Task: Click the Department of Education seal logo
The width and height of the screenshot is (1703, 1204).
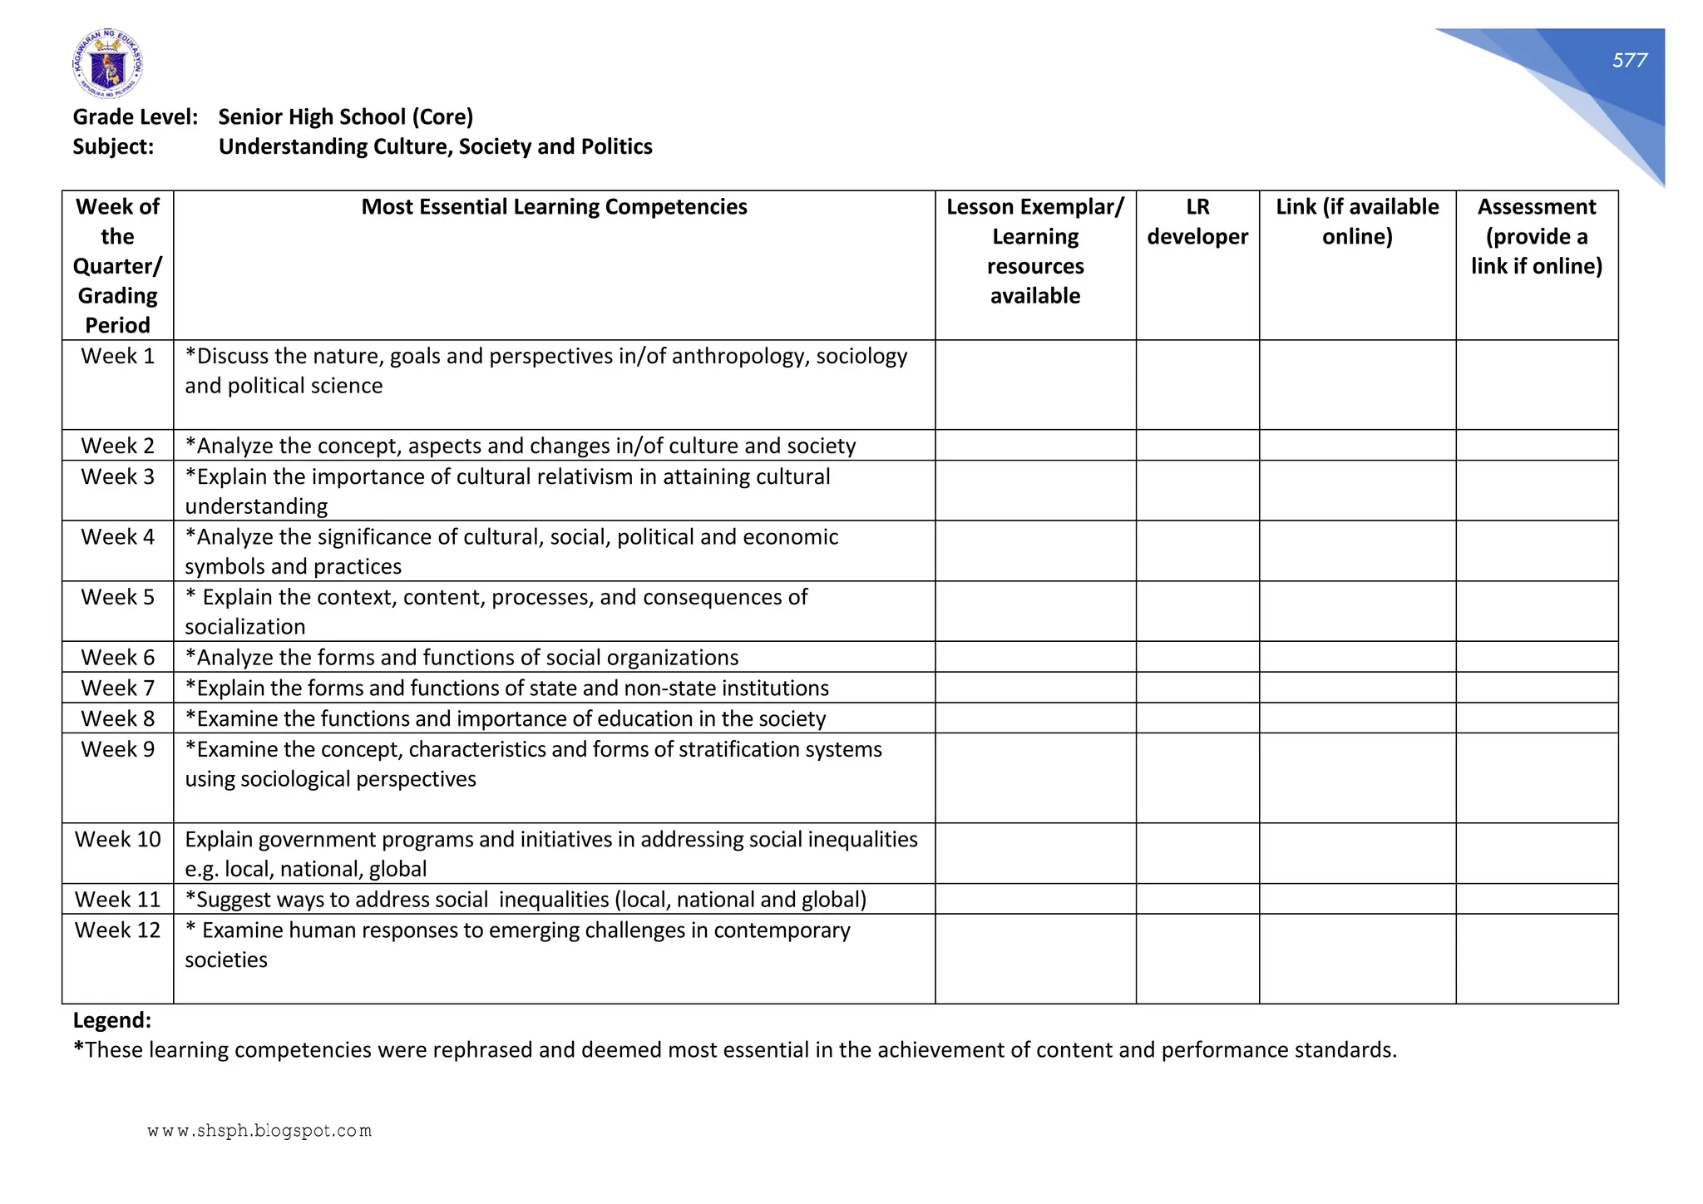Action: click(x=107, y=64)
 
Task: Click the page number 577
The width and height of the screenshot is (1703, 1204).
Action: click(x=1629, y=61)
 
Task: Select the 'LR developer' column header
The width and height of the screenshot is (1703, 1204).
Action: click(x=1197, y=222)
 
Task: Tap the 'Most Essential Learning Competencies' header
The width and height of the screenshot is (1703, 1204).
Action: click(x=554, y=207)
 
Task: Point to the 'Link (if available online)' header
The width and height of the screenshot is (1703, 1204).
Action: click(x=1356, y=222)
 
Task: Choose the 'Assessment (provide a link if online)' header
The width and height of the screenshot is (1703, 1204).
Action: click(x=1536, y=236)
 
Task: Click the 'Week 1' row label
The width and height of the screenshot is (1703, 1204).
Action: click(x=117, y=357)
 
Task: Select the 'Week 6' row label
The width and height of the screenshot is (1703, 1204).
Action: click(x=117, y=658)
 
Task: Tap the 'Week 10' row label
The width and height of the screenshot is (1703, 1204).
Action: click(x=117, y=840)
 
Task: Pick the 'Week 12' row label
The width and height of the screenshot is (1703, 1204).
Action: click(x=117, y=930)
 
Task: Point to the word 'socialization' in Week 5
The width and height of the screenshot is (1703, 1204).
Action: click(x=244, y=627)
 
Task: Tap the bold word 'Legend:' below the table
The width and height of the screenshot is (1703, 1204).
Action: click(x=112, y=1020)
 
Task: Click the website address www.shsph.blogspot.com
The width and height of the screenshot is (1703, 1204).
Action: click(x=259, y=1131)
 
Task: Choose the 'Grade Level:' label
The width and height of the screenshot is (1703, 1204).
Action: click(x=136, y=117)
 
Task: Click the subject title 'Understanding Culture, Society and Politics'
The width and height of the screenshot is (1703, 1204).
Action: click(x=435, y=147)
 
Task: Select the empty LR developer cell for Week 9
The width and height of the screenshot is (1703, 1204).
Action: click(x=1197, y=778)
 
